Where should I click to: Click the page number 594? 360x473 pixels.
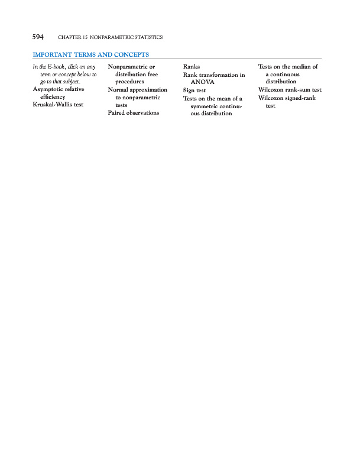(38, 37)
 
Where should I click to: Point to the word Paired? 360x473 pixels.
(117, 112)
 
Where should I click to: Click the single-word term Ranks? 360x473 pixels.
(192, 67)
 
